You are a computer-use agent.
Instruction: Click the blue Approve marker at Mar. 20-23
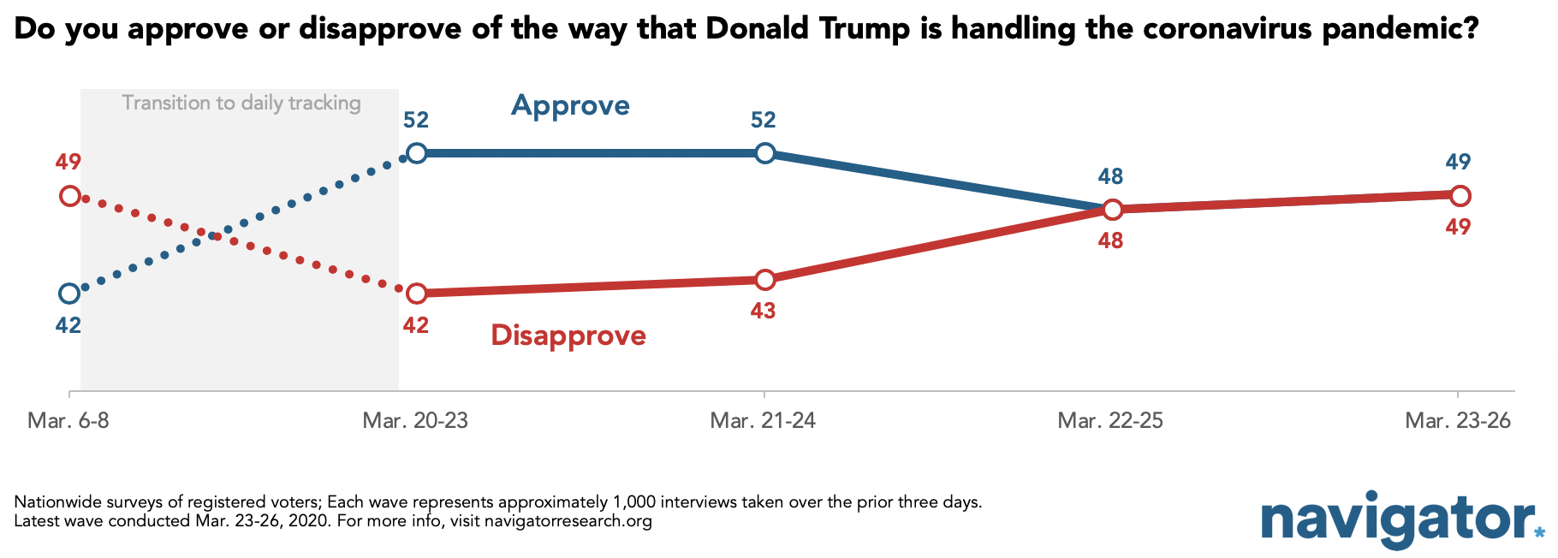pos(416,153)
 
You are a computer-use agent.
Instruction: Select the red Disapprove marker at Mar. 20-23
pos(416,294)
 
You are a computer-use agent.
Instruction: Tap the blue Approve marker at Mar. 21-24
pos(765,153)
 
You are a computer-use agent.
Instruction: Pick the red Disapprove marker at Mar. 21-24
pos(765,280)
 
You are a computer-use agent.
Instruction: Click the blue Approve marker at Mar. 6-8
pos(69,294)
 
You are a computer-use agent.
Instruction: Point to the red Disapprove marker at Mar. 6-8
pos(69,196)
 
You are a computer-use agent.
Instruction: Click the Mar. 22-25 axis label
pos(1110,421)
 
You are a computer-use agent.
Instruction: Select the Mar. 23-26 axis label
pos(1458,421)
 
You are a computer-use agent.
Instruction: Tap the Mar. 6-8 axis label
pos(68,421)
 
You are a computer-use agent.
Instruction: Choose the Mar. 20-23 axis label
pos(415,421)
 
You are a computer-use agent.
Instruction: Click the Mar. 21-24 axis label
pos(763,421)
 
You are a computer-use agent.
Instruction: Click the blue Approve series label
pos(570,106)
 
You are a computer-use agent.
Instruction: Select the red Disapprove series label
pos(568,335)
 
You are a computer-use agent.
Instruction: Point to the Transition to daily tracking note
pos(241,104)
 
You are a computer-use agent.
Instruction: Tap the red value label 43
pos(763,311)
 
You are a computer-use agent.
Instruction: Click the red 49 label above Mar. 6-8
pos(68,162)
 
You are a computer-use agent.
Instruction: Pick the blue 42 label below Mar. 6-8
pos(68,325)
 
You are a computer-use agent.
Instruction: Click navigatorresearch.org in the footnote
pos(568,521)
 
